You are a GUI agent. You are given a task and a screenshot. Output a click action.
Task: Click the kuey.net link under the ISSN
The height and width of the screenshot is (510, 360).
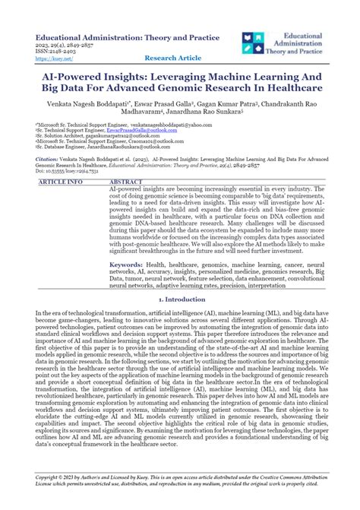[46, 57]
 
